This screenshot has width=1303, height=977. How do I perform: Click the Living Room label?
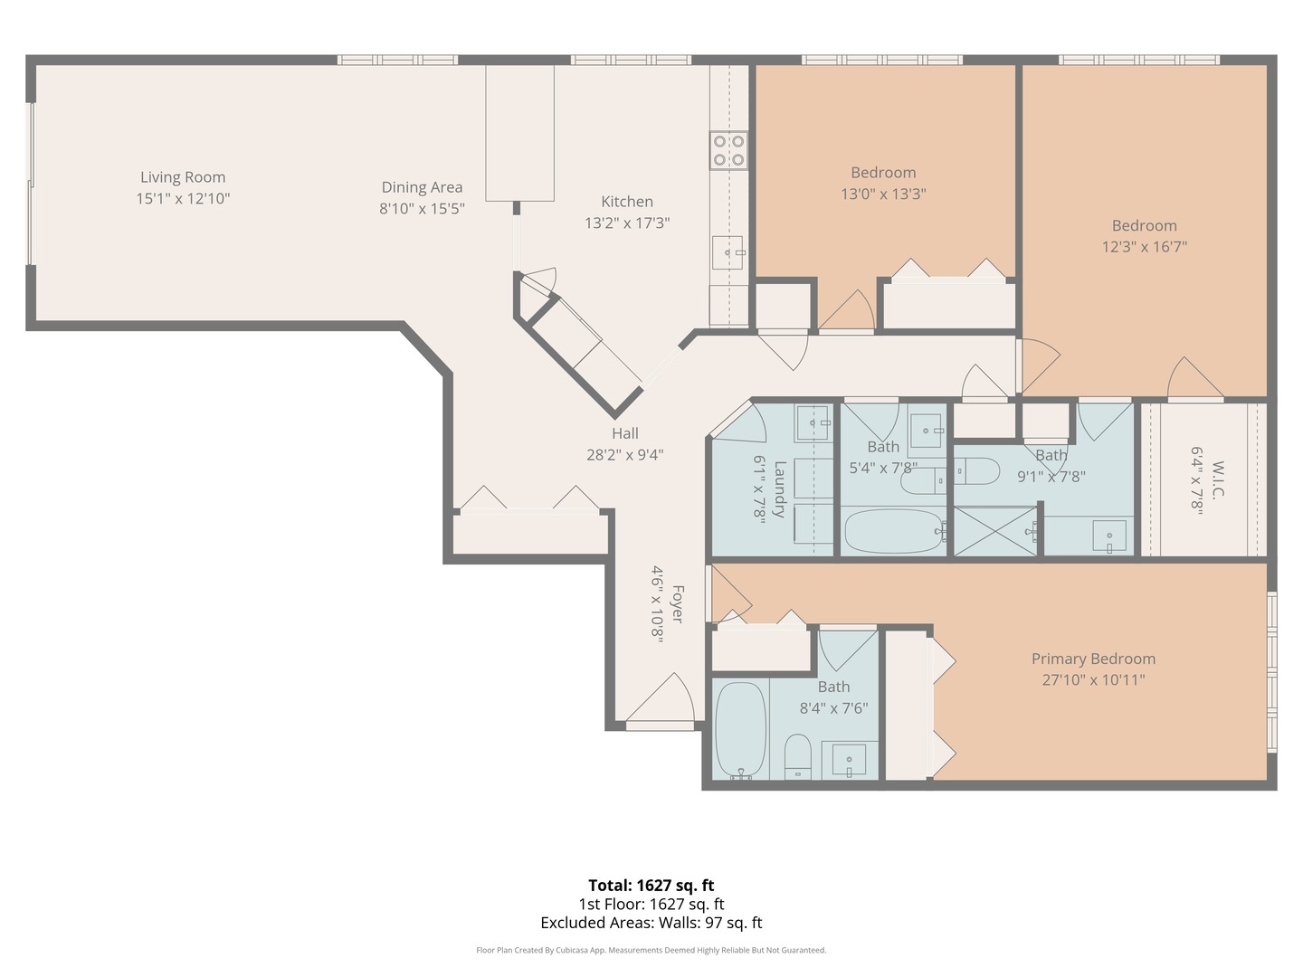click(x=183, y=177)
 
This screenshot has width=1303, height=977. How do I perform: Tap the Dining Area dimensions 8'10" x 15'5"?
click(x=422, y=208)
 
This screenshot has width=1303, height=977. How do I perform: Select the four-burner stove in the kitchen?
click(x=728, y=150)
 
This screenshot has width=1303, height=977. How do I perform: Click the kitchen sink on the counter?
click(x=728, y=252)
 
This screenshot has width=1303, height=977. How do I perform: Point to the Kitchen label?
click(x=627, y=202)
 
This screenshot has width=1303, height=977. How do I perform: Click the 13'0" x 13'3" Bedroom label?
click(x=883, y=173)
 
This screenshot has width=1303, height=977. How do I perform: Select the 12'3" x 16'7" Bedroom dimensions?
click(x=1144, y=246)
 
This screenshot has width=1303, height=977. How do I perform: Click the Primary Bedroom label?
click(x=1093, y=659)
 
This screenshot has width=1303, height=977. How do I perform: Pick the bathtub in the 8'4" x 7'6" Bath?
click(x=741, y=729)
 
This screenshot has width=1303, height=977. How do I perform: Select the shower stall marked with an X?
click(x=994, y=531)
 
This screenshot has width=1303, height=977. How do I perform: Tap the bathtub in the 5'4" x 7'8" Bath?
click(x=893, y=531)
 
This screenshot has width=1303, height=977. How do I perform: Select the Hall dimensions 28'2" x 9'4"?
click(x=624, y=454)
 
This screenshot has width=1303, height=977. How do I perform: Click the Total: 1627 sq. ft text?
click(x=651, y=886)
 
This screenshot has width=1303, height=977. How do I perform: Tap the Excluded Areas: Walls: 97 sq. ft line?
click(x=651, y=923)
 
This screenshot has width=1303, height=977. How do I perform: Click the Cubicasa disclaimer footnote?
click(x=651, y=950)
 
